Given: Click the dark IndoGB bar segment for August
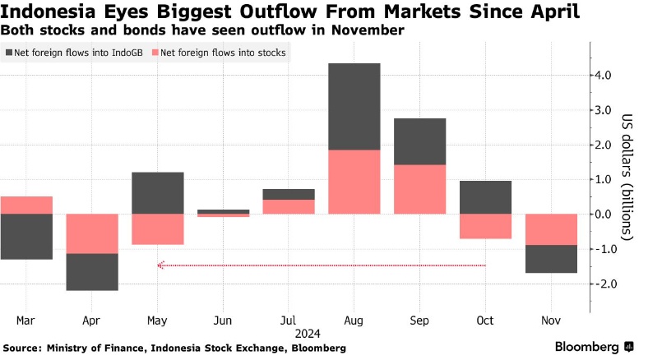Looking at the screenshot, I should click(x=354, y=106).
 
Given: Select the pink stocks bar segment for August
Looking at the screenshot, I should click(x=354, y=182).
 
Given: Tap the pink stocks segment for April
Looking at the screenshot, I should click(x=92, y=233).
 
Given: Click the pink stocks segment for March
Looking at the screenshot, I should click(x=26, y=205).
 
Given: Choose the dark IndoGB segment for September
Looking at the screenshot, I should click(x=419, y=141).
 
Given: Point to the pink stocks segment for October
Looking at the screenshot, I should click(x=484, y=226).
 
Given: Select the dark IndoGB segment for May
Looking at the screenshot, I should click(x=157, y=192).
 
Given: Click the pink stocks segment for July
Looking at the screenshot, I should click(x=288, y=206).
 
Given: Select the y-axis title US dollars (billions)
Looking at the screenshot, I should click(x=627, y=177).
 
